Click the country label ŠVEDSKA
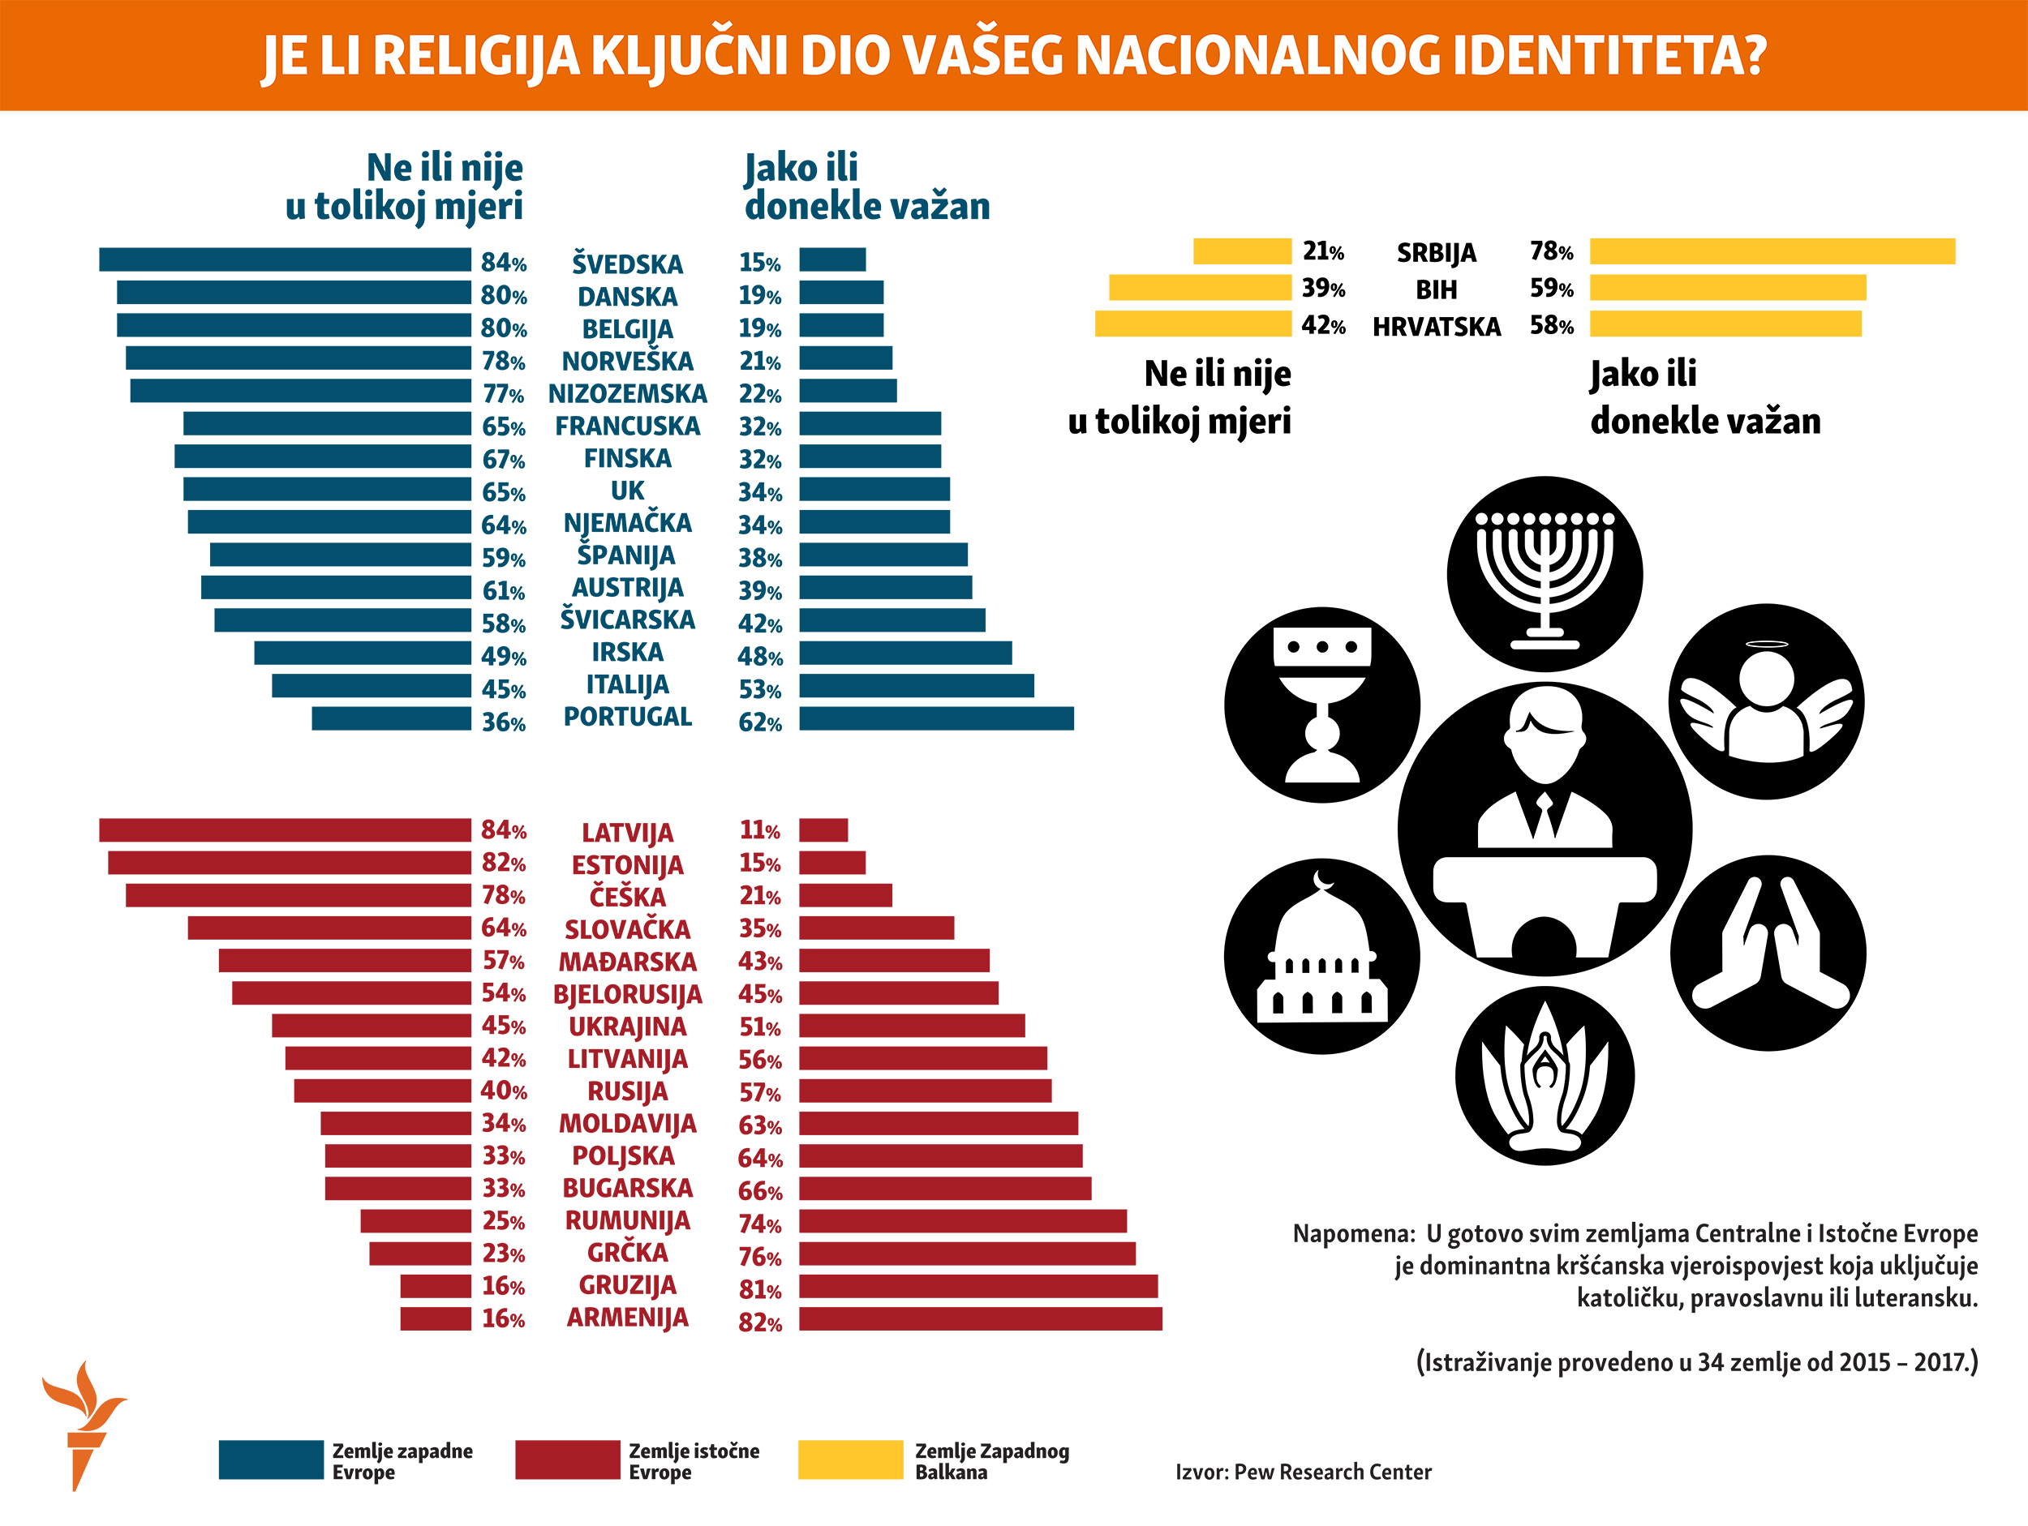tap(627, 264)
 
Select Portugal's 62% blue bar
tap(935, 718)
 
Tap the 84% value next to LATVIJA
tap(503, 830)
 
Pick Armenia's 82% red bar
tap(979, 1319)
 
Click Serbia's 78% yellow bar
tap(1772, 251)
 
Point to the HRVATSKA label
tap(1436, 326)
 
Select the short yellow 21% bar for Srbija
tap(1241, 251)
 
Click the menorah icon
tap(1544, 574)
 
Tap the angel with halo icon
tap(1766, 701)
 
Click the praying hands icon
tap(1767, 954)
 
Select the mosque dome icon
tap(1321, 956)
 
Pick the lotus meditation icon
tap(1544, 1076)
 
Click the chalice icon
tap(1321, 704)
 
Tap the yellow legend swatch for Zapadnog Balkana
tap(850, 1460)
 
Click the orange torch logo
tap(83, 1422)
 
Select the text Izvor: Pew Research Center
tap(1302, 1472)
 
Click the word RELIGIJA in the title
tap(476, 56)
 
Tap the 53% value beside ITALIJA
tap(759, 689)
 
